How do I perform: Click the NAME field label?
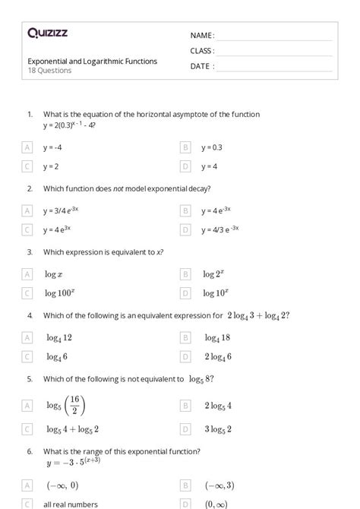[x=202, y=36]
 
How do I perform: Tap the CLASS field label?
[x=202, y=51]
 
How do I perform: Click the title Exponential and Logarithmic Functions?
[x=93, y=61]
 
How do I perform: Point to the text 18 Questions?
[x=50, y=71]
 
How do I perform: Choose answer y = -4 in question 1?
[x=52, y=147]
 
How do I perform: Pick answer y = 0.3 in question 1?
[x=212, y=147]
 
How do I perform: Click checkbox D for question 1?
[x=185, y=166]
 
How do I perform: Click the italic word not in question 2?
[x=118, y=188]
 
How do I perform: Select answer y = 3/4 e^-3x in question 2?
[x=68, y=210]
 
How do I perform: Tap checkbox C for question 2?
[x=27, y=229]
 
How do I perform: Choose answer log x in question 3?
[x=53, y=274]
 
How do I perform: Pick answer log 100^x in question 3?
[x=59, y=292]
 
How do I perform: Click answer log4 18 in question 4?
[x=216, y=337]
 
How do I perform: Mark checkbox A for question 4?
[x=27, y=337]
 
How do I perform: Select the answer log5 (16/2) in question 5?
[x=65, y=405]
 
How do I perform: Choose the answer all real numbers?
[x=71, y=503]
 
